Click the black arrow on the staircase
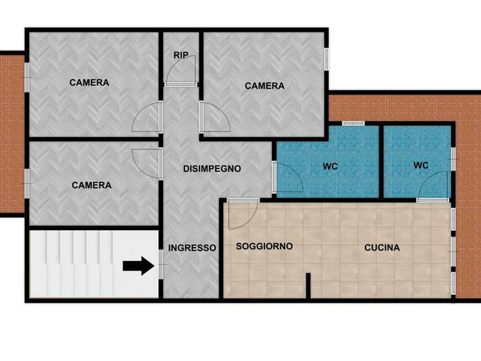138,266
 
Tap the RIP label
181,55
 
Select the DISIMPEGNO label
212,168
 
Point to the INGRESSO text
192,248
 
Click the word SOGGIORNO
264,246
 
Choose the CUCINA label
382,247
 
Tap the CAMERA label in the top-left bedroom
89,82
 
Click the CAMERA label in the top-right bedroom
265,86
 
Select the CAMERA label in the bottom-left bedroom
91,185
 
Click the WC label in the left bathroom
330,167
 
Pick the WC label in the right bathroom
420,165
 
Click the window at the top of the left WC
354,123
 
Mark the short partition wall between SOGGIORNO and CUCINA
308,285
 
